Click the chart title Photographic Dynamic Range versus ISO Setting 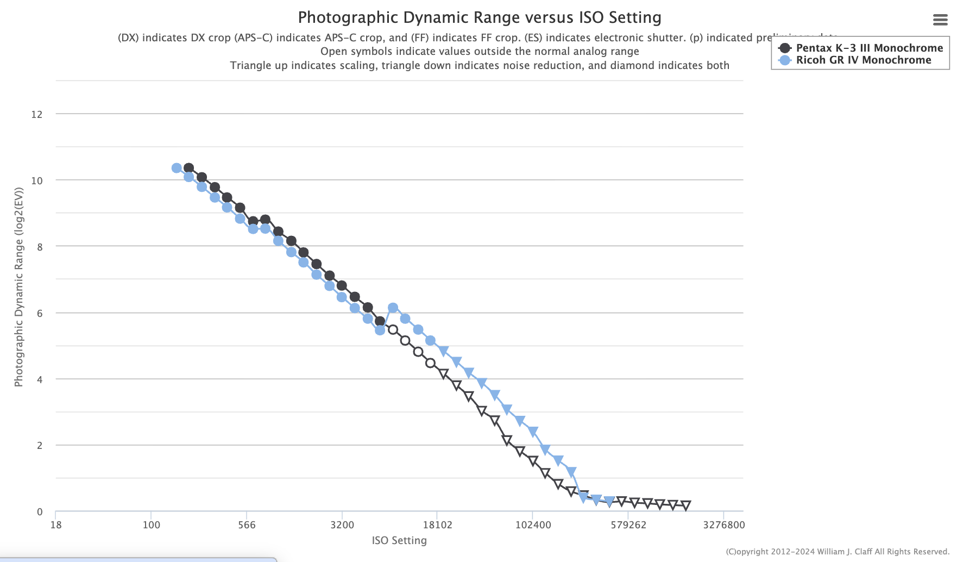(480, 17)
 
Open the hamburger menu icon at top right (940, 20)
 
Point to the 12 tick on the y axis (37, 114)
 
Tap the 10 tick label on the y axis (37, 180)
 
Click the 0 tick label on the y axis (40, 511)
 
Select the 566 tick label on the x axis (247, 525)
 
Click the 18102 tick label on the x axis (437, 525)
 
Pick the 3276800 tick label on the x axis (723, 525)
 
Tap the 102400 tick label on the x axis (533, 525)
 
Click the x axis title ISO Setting (399, 541)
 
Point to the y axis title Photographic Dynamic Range (19, 287)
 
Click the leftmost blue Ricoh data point (177, 168)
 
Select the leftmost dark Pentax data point (188, 168)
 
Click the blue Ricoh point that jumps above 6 (393, 308)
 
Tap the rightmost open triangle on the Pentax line (685, 505)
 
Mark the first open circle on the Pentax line (393, 330)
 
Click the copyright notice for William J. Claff (837, 552)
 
